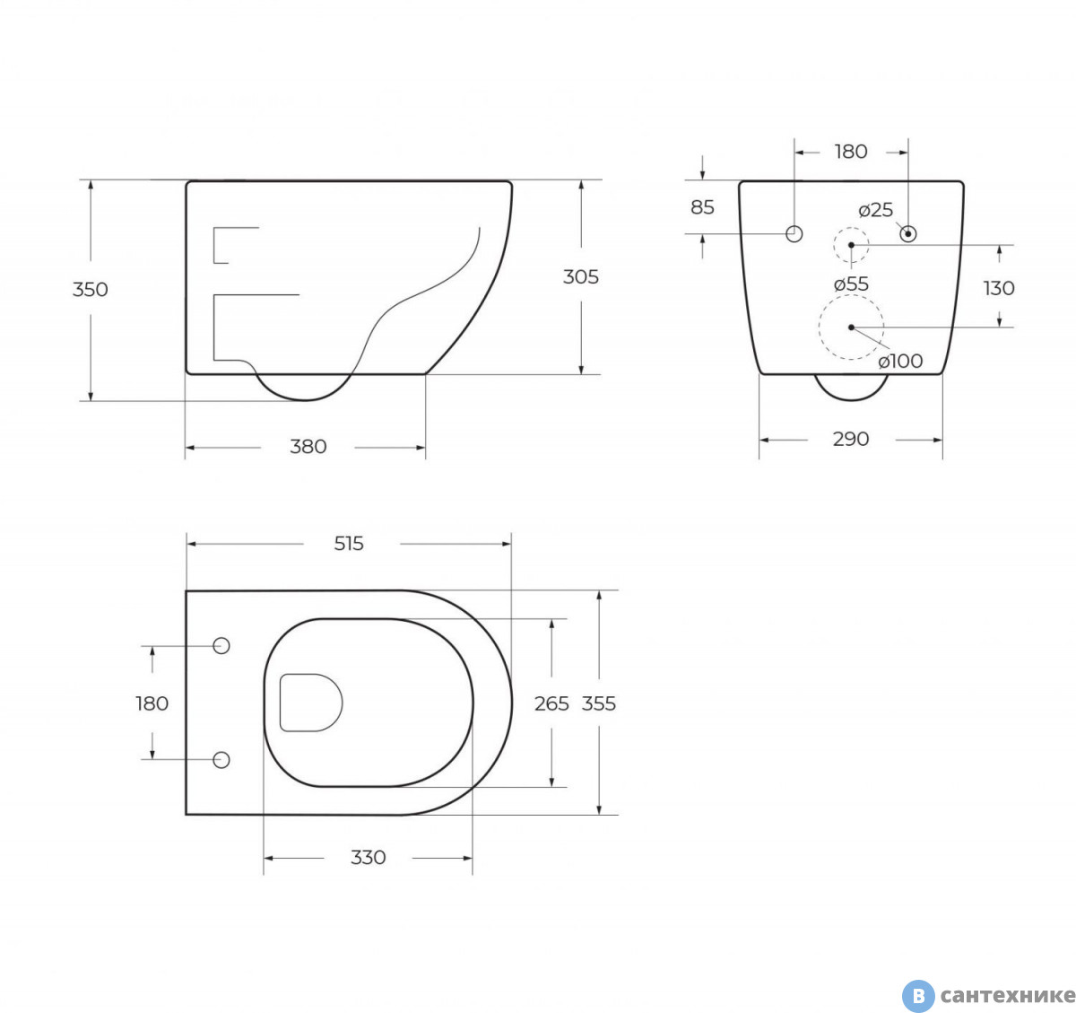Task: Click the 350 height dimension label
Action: tap(91, 290)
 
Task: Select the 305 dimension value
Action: tap(581, 277)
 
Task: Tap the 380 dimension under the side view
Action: tap(308, 447)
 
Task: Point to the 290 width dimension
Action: tap(851, 439)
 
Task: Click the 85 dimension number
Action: tap(702, 207)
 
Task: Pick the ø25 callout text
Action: tap(875, 210)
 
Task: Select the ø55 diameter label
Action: tap(851, 284)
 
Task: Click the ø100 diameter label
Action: tap(900, 361)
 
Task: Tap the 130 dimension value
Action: tap(999, 288)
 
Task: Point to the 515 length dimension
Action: tap(349, 544)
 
